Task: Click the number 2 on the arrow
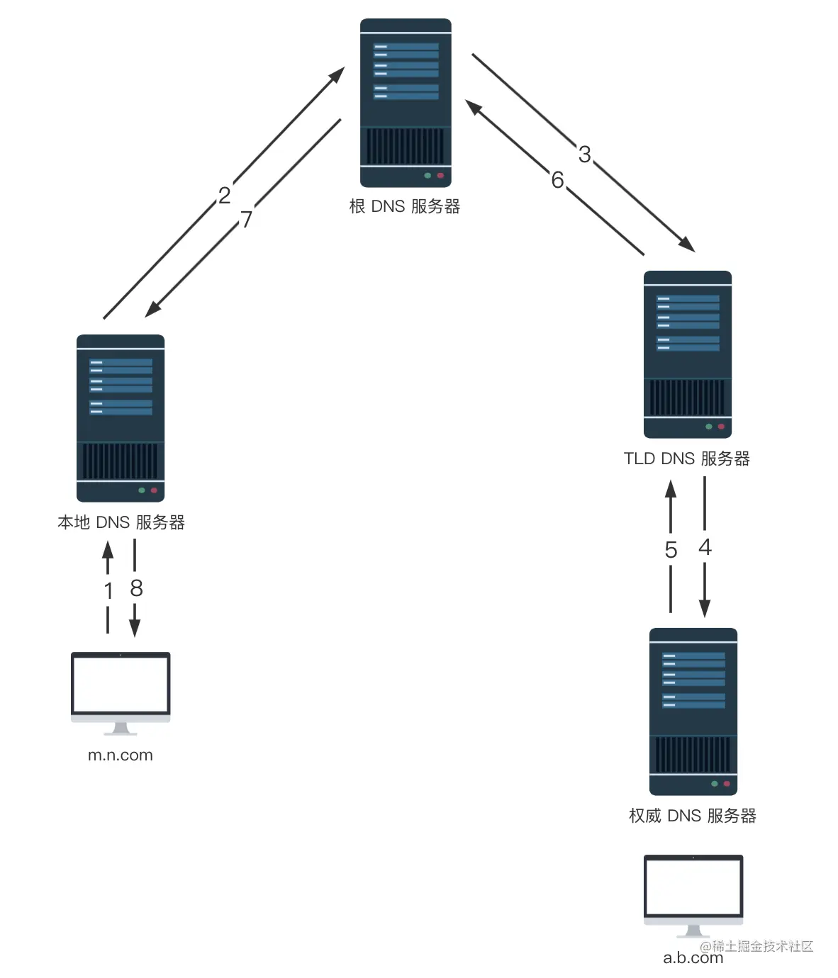pyautogui.click(x=224, y=195)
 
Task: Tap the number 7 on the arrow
pyautogui.click(x=246, y=219)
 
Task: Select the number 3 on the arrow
pyautogui.click(x=584, y=154)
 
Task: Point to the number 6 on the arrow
pyautogui.click(x=557, y=180)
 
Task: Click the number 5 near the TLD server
pyautogui.click(x=671, y=550)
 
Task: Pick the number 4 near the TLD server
pyautogui.click(x=705, y=547)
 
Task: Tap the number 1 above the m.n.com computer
pyautogui.click(x=108, y=590)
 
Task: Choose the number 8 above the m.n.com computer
pyautogui.click(x=136, y=588)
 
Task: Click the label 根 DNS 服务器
pyautogui.click(x=405, y=206)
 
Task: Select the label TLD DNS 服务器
pyautogui.click(x=686, y=459)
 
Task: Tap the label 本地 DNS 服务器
pyautogui.click(x=121, y=522)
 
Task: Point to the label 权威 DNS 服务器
pyautogui.click(x=693, y=816)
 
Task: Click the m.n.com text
pyautogui.click(x=121, y=755)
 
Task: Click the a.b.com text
pyautogui.click(x=693, y=958)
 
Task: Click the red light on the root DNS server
pyautogui.click(x=440, y=175)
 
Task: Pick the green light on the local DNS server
pyautogui.click(x=142, y=490)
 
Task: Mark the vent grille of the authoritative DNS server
pyautogui.click(x=693, y=754)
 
